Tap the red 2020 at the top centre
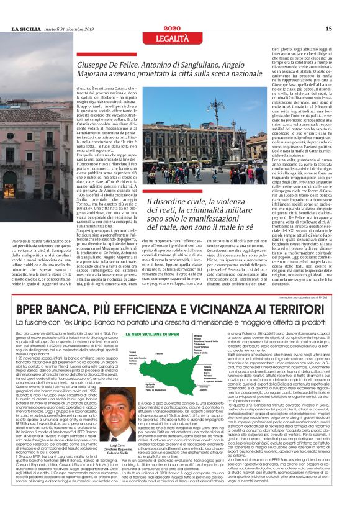click(x=180, y=29)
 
